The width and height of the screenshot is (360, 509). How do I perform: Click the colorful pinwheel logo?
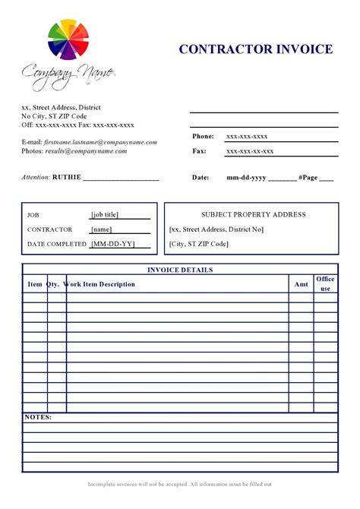[68, 41]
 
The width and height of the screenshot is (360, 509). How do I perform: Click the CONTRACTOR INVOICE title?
[256, 49]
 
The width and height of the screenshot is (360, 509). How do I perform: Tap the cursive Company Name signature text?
[68, 74]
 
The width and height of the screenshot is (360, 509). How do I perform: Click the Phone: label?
[203, 136]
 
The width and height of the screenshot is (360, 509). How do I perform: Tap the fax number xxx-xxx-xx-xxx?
[250, 151]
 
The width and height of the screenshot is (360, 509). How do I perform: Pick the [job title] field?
[105, 214]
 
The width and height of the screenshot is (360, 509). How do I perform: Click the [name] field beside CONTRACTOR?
[101, 229]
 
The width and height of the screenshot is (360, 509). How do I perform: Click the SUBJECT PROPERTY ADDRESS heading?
[253, 214]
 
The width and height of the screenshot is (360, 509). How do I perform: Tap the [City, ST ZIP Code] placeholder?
[198, 244]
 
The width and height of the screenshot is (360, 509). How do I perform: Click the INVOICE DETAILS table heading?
[179, 270]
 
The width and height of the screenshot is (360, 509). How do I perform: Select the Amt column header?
[301, 284]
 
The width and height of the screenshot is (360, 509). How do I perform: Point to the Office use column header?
[325, 284]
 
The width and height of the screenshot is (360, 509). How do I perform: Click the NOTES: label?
[38, 417]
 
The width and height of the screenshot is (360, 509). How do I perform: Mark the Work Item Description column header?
[100, 284]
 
